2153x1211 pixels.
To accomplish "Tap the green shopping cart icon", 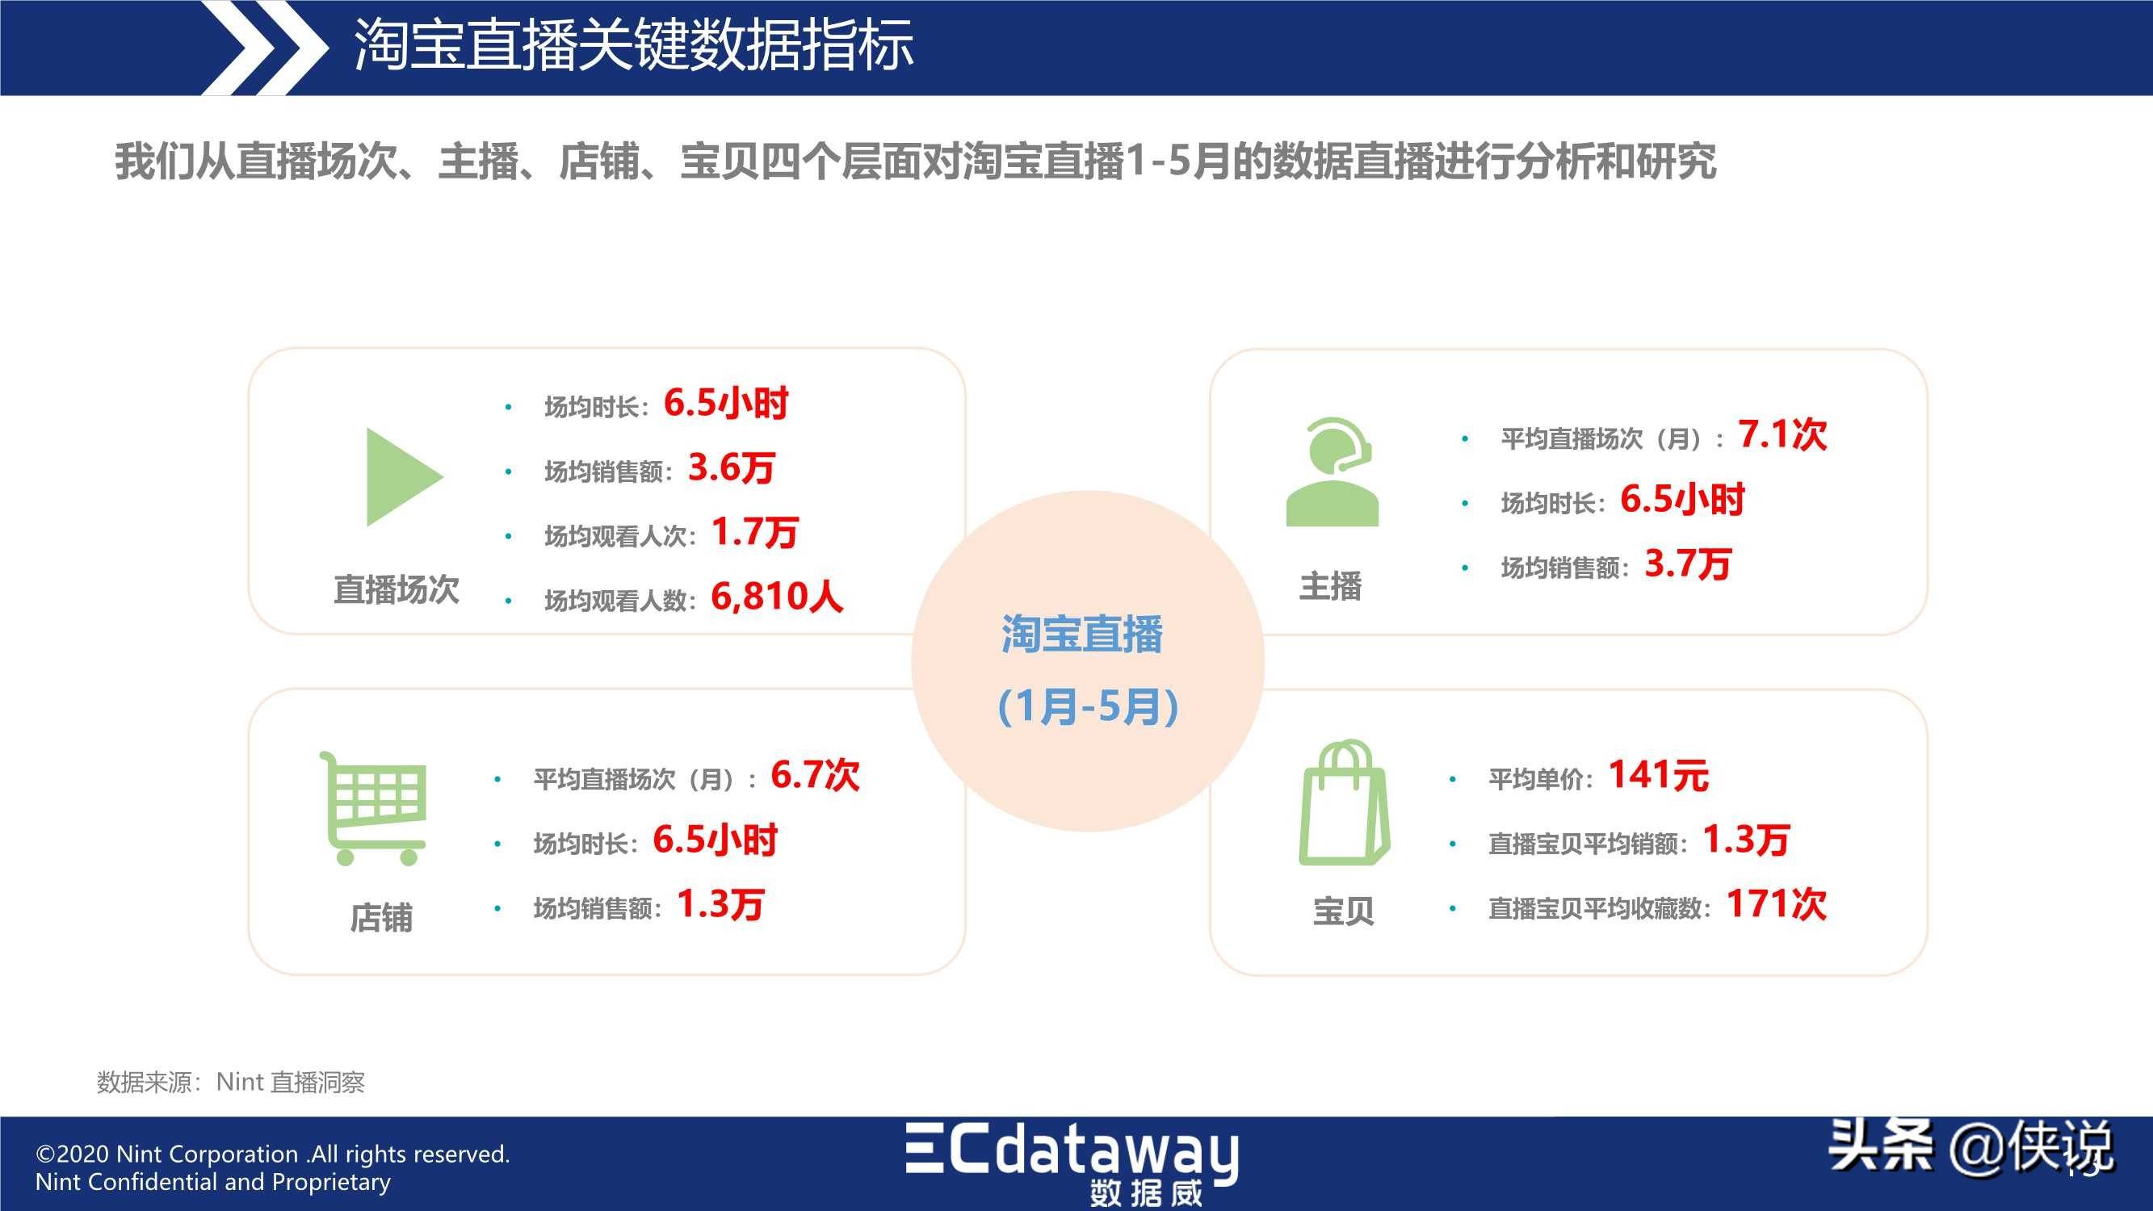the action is tap(373, 808).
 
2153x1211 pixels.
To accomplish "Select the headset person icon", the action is tap(1333, 472).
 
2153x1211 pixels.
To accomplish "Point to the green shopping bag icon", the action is tap(1344, 802).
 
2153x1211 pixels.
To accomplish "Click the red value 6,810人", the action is tap(776, 597).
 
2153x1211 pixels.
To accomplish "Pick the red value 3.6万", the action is tap(732, 468).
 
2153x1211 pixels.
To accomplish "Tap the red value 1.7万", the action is tap(755, 532).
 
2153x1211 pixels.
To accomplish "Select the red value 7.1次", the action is tap(1783, 434).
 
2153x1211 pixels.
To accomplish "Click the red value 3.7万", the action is tap(1688, 564).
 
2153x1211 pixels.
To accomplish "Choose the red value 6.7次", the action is tap(815, 776).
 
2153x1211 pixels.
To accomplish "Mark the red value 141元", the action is tap(1659, 776).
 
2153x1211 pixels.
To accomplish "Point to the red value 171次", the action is tap(1777, 904).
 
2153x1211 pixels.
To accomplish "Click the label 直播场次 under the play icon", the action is tap(397, 589).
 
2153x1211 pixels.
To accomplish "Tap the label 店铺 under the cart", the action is tap(381, 918).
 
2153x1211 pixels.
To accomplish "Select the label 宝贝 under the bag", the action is tap(1343, 911).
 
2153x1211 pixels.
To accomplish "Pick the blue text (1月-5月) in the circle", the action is tap(1088, 707).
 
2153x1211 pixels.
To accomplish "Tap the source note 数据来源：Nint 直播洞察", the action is tap(231, 1083).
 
